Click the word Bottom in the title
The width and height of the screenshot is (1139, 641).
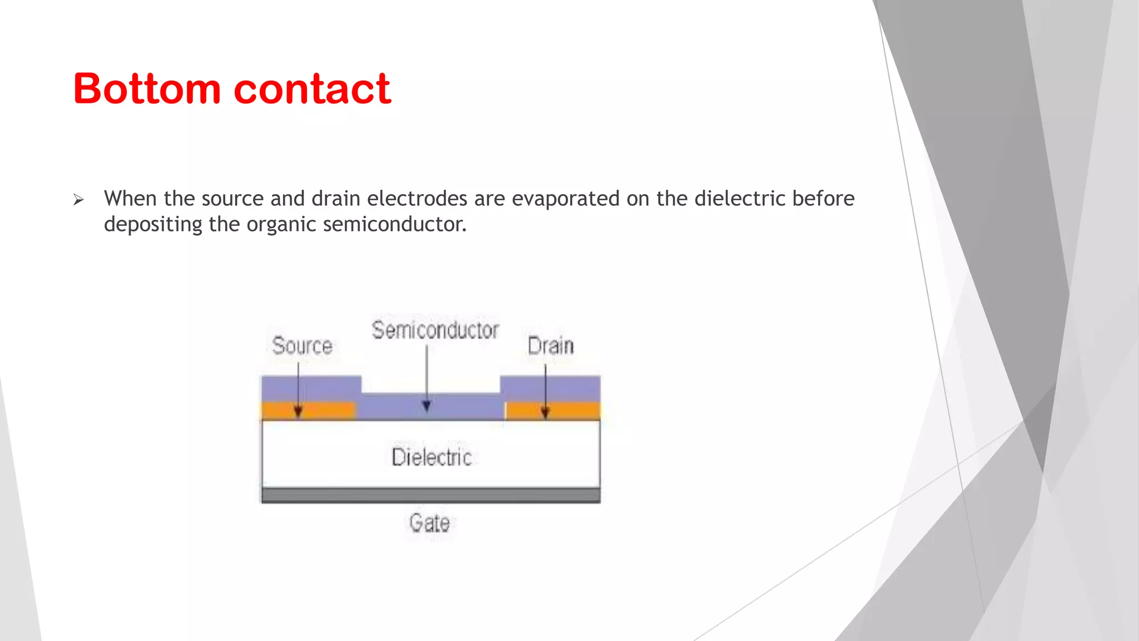[147, 89]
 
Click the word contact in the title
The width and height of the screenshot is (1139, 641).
[313, 89]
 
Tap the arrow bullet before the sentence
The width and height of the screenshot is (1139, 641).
[78, 200]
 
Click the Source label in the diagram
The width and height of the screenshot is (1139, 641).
[302, 346]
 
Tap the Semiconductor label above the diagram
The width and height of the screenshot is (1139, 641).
[435, 330]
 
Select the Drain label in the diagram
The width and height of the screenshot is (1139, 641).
[551, 346]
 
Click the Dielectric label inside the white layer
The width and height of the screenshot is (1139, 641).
[432, 457]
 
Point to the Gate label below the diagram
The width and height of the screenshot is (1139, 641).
[429, 523]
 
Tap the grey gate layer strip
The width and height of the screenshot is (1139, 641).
[431, 495]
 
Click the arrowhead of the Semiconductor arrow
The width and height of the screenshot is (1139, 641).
[427, 407]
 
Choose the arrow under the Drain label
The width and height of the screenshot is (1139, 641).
[545, 389]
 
